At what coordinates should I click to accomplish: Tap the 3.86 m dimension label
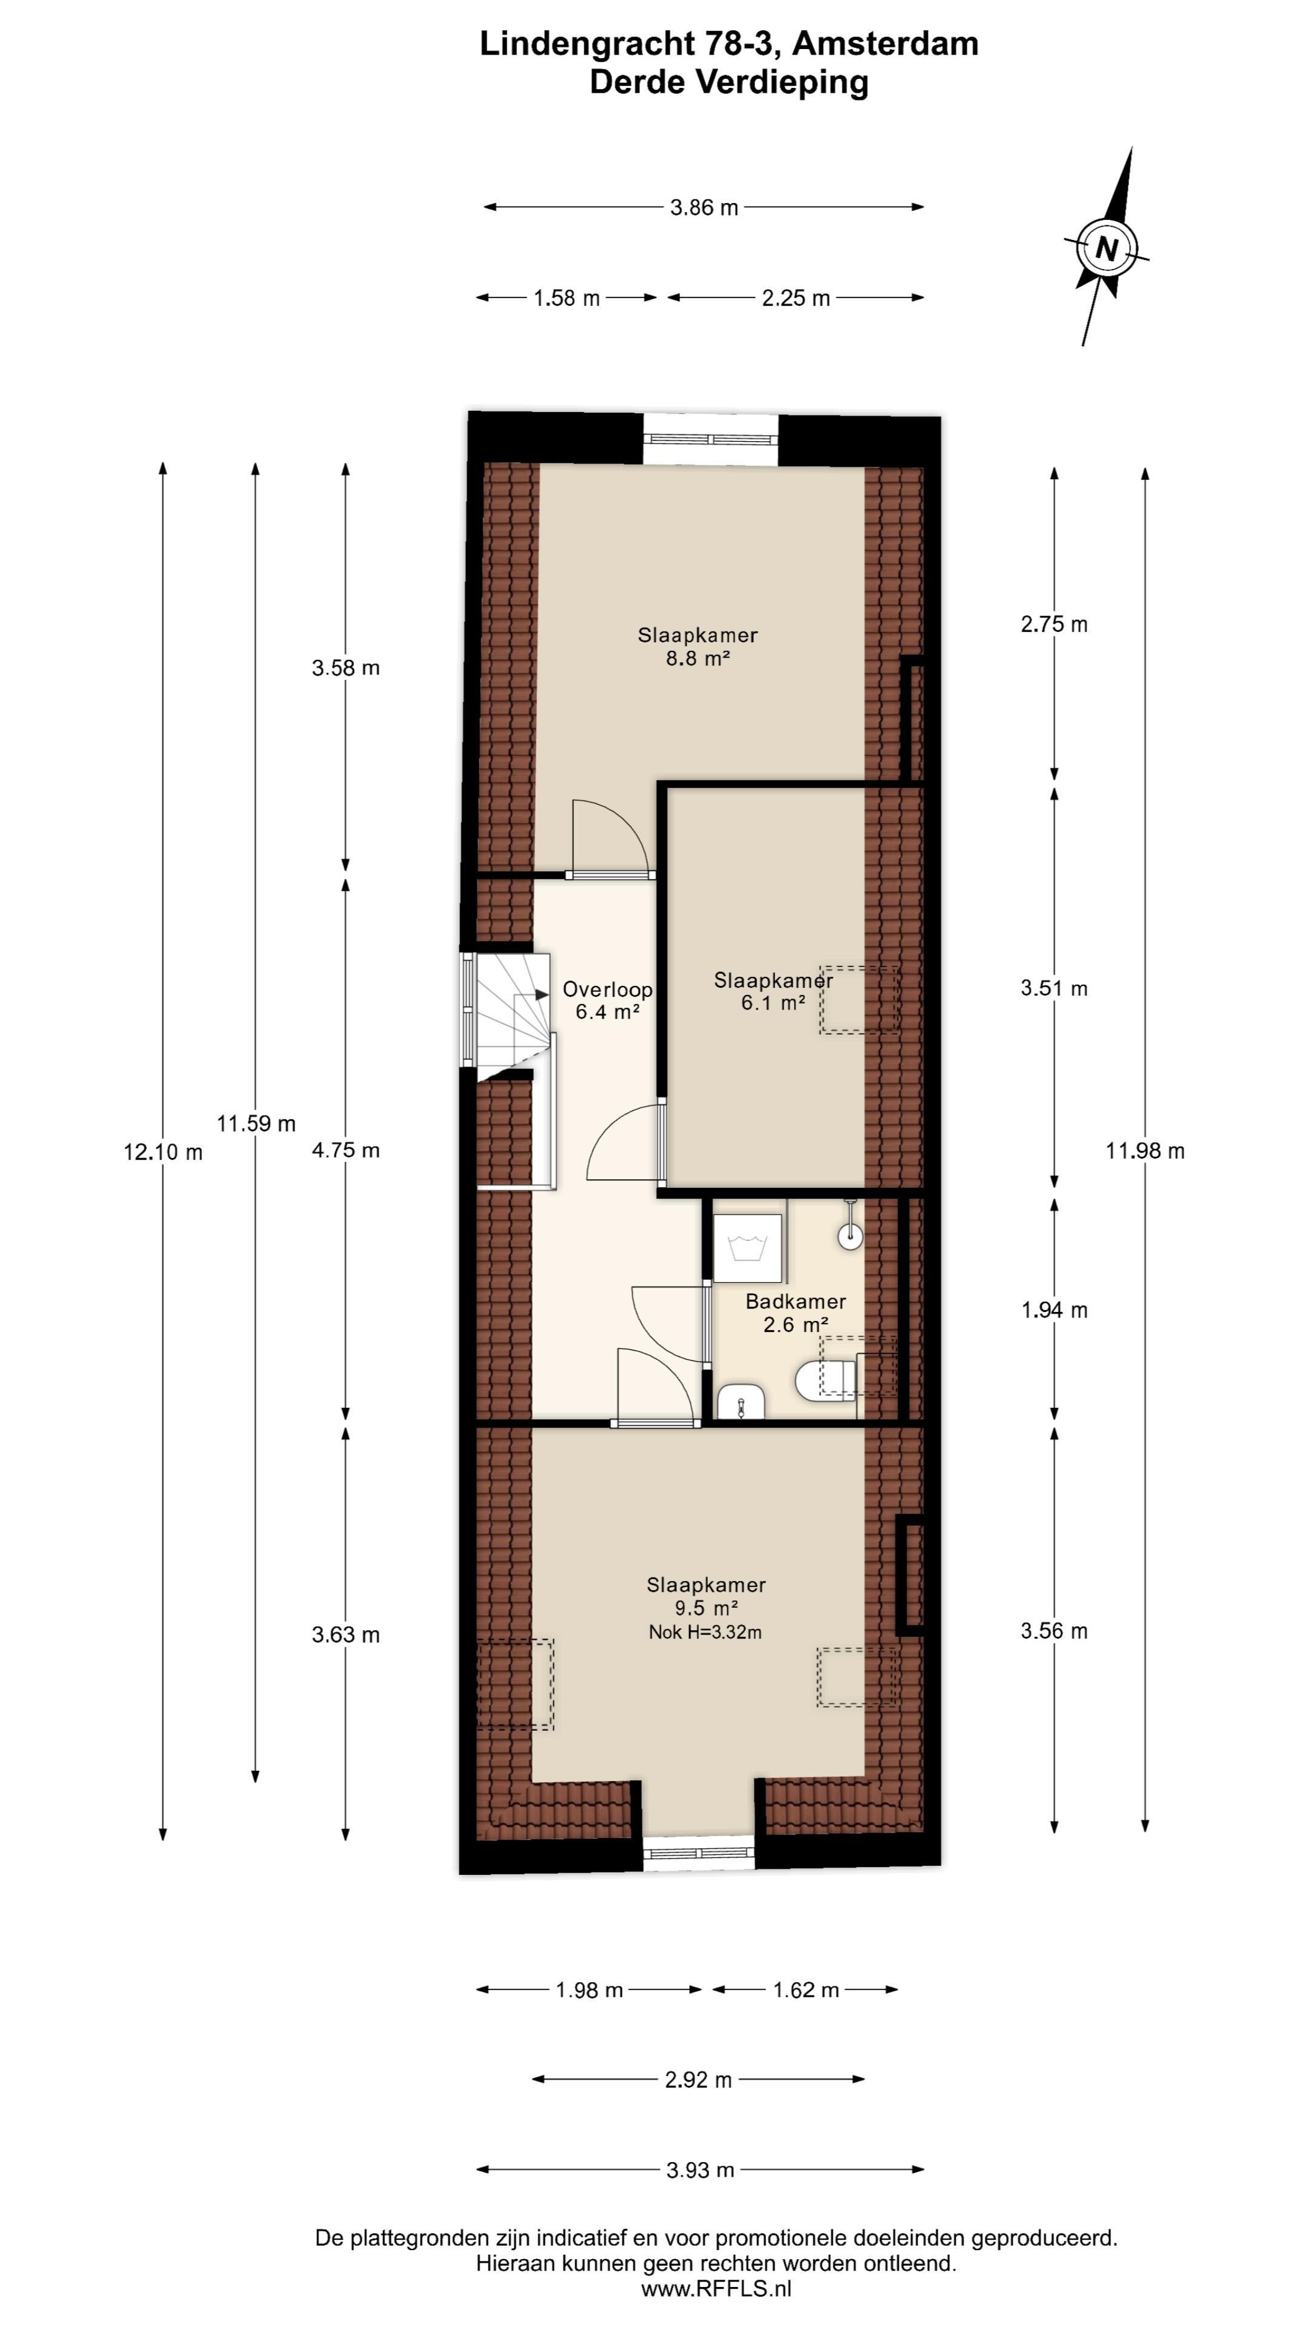click(x=704, y=208)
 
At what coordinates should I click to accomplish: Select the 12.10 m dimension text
click(x=162, y=1153)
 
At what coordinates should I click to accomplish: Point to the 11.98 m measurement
click(x=1145, y=1151)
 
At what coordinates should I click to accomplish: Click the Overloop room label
click(x=607, y=989)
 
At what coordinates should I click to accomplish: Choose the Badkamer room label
click(x=795, y=1302)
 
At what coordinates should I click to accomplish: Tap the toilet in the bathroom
click(x=825, y=1379)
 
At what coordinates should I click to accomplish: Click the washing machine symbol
click(x=747, y=1248)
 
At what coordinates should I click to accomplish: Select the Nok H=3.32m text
click(x=705, y=1633)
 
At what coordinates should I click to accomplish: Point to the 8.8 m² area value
click(x=698, y=659)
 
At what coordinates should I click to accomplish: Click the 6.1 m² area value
click(x=773, y=1003)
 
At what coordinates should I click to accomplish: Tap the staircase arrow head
click(x=542, y=994)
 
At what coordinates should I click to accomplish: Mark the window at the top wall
click(x=710, y=439)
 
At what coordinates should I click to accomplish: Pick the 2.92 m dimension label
click(x=698, y=2080)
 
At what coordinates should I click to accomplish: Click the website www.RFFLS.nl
click(x=716, y=2288)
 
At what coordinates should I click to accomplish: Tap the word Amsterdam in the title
click(x=885, y=44)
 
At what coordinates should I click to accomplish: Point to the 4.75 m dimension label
click(x=345, y=1151)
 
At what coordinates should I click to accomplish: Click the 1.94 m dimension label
click(x=1053, y=1311)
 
